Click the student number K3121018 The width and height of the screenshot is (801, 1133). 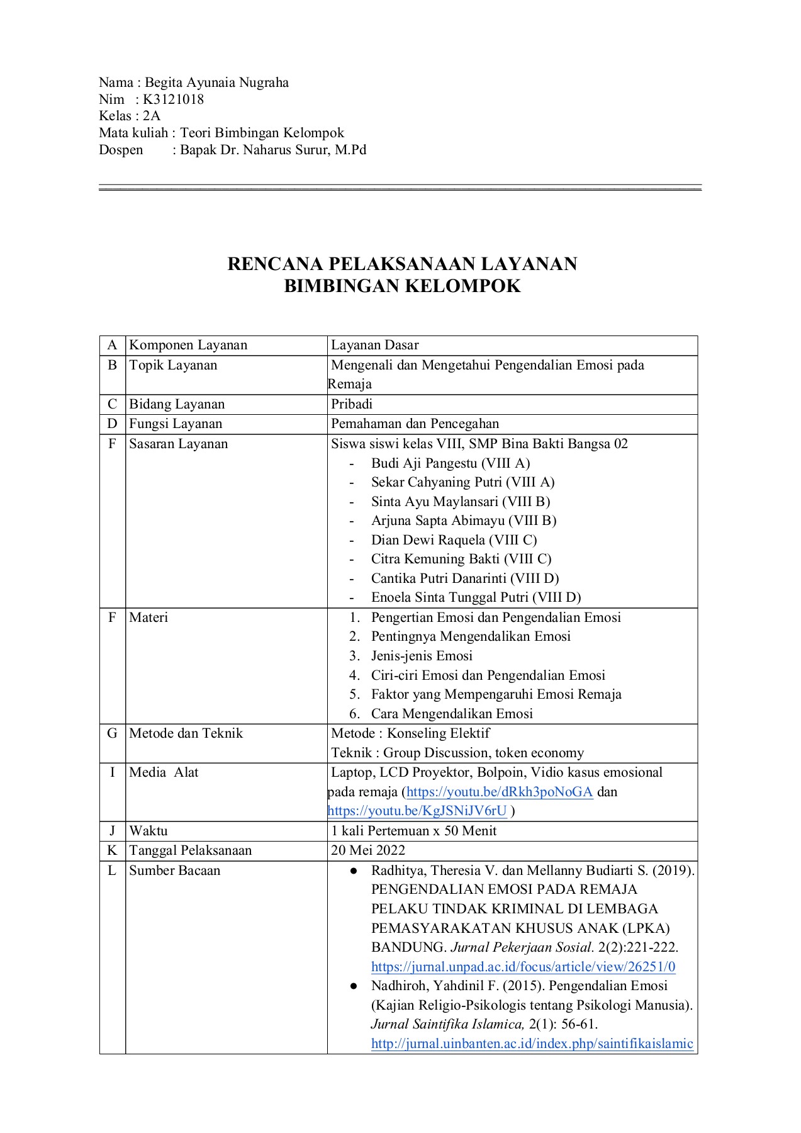coord(174,99)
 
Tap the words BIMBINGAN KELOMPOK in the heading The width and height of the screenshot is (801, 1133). coord(403,286)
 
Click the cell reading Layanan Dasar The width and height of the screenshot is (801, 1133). coord(375,345)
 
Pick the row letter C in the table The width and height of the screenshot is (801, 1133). coord(112,404)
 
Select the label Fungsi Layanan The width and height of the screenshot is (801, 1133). coord(176,424)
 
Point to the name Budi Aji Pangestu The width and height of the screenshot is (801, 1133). coord(425,463)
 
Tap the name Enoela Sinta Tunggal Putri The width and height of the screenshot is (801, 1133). coord(450,597)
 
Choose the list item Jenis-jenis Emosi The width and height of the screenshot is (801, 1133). coord(422,656)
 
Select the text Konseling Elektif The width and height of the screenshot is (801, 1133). coord(438,733)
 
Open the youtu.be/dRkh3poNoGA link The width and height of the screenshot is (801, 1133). coord(500,792)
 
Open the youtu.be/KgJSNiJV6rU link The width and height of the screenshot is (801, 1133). coord(417,811)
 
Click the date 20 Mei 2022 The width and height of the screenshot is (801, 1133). coord(368,850)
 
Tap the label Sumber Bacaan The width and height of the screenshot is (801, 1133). coord(175,871)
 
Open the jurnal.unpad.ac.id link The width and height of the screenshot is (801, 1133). coord(523,967)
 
